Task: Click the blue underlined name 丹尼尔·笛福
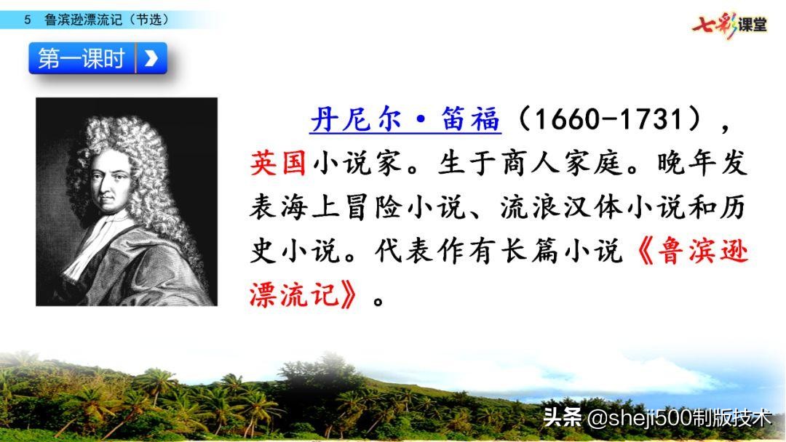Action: tap(405, 120)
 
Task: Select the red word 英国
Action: tap(278, 164)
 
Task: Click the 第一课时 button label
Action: tap(82, 59)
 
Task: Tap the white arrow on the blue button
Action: tap(151, 59)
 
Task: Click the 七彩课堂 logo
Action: tap(729, 25)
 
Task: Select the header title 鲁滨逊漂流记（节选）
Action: tap(106, 20)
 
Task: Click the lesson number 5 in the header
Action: tap(28, 20)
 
